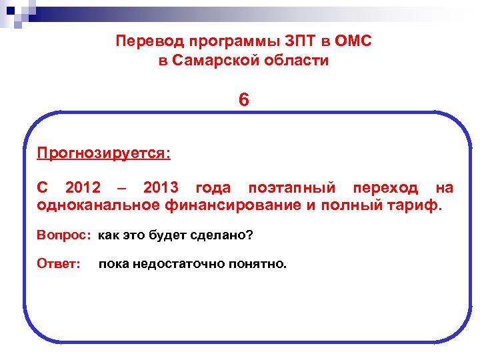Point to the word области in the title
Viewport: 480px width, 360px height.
[x=297, y=61]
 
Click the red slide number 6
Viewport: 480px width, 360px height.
[x=243, y=101]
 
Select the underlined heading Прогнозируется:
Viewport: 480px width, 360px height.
[x=104, y=154]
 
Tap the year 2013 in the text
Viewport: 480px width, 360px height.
[x=160, y=188]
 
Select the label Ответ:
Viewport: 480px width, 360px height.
[x=59, y=264]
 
